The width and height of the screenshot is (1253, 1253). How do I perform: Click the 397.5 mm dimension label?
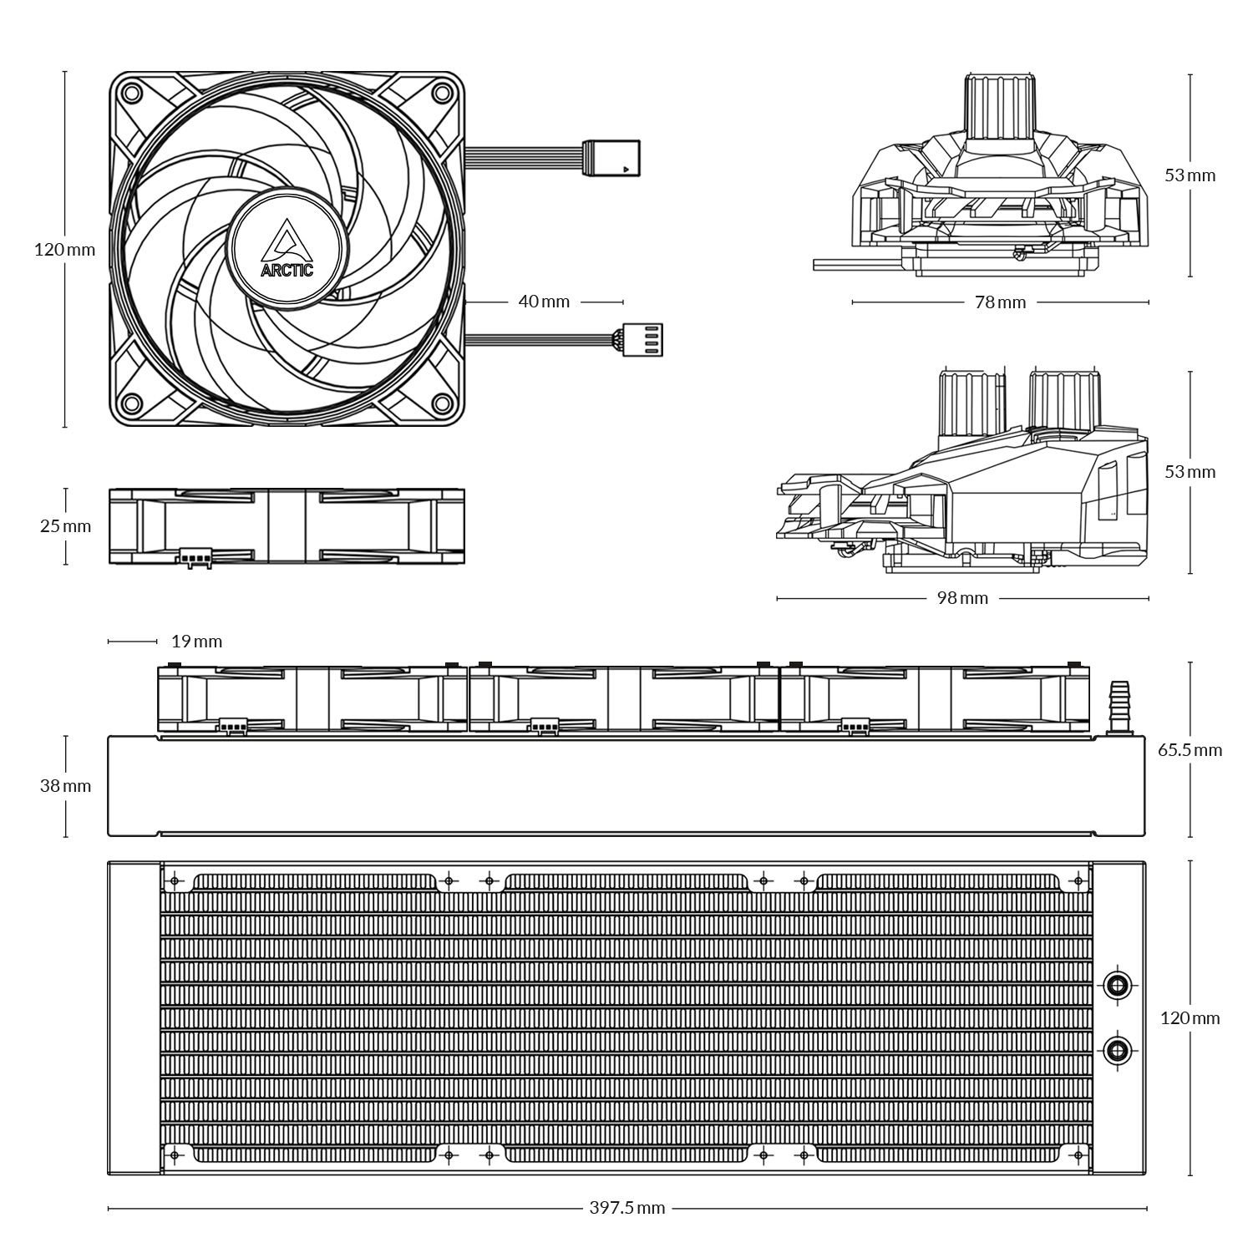[626, 1208]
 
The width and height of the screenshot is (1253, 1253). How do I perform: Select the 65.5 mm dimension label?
[1190, 750]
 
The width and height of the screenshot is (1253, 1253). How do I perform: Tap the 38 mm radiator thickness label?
[65, 786]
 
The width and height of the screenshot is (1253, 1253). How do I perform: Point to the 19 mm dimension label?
[196, 642]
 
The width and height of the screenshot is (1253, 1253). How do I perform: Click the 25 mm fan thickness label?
[65, 526]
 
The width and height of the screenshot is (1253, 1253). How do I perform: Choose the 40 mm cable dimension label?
[544, 301]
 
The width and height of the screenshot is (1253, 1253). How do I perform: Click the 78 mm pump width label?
[1000, 302]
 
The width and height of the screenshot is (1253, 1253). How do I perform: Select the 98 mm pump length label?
[962, 598]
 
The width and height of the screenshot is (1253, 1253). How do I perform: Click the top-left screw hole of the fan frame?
[130, 90]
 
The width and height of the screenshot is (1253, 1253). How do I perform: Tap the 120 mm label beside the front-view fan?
[64, 249]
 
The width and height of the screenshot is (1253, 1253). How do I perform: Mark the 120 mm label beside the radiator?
[1190, 1018]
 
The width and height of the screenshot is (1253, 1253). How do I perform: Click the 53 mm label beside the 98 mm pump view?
[1190, 472]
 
